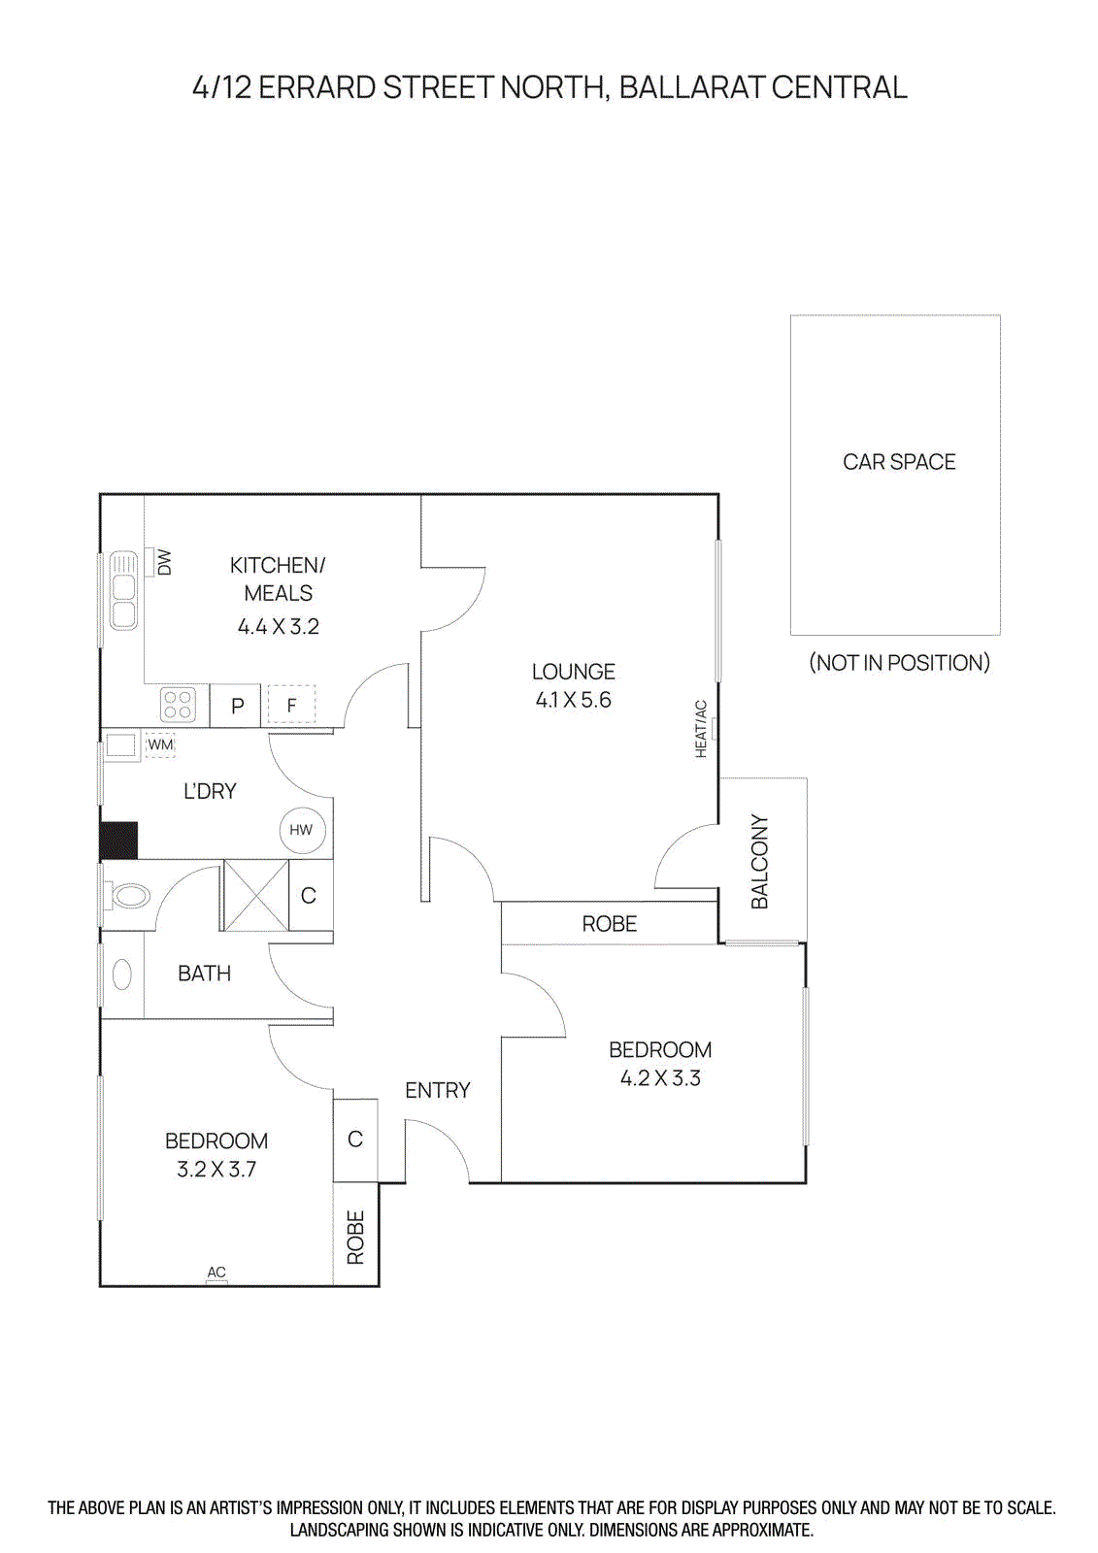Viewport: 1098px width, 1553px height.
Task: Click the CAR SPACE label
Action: (899, 462)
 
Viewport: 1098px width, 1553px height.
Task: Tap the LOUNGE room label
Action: (573, 672)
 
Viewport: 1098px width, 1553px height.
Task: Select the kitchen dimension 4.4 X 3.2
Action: (279, 627)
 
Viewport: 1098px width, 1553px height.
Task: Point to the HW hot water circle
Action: (301, 830)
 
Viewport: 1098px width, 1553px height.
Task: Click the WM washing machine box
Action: (160, 745)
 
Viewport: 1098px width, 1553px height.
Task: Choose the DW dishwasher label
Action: (164, 562)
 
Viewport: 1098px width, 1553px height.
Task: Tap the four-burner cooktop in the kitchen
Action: (178, 705)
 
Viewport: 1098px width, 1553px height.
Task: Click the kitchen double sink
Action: (123, 590)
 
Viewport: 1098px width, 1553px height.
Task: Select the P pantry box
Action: (237, 706)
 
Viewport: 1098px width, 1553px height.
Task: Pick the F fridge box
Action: (291, 706)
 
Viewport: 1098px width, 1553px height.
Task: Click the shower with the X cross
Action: (256, 895)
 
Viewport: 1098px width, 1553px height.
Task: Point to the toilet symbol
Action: (129, 895)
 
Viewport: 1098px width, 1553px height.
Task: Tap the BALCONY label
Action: (760, 862)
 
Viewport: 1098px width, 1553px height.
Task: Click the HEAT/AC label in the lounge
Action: (701, 728)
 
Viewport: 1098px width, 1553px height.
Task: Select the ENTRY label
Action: (437, 1090)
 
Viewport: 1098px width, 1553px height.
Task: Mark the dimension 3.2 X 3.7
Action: (216, 1170)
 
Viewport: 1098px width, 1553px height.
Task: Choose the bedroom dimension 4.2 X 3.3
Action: (660, 1078)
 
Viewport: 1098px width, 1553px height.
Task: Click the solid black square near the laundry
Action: (119, 841)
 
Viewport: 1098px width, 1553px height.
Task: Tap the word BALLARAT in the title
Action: (690, 87)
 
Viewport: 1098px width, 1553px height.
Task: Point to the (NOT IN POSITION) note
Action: (899, 663)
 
